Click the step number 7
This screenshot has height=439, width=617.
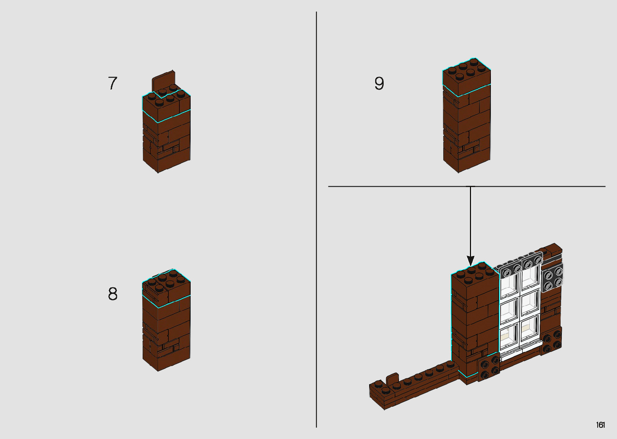click(112, 83)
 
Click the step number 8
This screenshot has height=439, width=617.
click(112, 294)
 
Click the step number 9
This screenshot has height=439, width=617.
click(379, 83)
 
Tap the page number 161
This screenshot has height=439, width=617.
click(600, 425)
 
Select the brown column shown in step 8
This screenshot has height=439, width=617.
click(166, 322)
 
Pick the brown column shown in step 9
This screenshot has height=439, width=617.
click(466, 121)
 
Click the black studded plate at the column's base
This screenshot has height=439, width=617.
click(489, 368)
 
